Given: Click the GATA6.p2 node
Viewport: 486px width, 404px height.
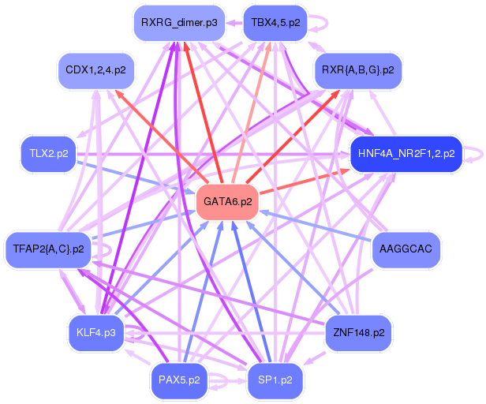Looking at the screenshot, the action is pyautogui.click(x=227, y=202).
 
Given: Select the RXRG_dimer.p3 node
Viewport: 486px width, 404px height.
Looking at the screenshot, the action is pyautogui.click(x=179, y=23).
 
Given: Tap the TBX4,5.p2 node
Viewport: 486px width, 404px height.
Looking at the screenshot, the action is pyautogui.click(x=275, y=23).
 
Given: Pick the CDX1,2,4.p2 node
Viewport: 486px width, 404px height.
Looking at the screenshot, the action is pyautogui.click(x=95, y=70).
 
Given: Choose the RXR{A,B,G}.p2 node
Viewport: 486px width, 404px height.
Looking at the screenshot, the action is pyautogui.click(x=358, y=70).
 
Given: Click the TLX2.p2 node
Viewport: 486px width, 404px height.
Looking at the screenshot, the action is pyautogui.click(x=48, y=154).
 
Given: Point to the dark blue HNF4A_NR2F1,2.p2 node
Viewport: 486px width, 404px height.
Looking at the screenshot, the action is pyautogui.click(x=406, y=154).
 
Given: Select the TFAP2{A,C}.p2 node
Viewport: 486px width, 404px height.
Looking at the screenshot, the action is pyautogui.click(x=48, y=249).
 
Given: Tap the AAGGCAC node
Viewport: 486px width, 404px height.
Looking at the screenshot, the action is pyautogui.click(x=406, y=249).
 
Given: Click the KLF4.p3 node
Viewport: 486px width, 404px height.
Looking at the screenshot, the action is pyautogui.click(x=95, y=333).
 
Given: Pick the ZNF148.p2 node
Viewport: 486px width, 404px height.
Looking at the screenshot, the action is pyautogui.click(x=359, y=333).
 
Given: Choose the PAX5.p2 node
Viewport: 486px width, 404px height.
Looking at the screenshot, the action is pyautogui.click(x=179, y=380).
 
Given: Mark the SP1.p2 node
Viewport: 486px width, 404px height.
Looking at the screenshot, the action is pyautogui.click(x=275, y=380).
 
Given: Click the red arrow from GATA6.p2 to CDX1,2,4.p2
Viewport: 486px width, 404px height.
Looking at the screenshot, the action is pyautogui.click(x=161, y=136).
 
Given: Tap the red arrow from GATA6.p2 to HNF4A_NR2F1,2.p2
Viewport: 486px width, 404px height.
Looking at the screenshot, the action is pyautogui.click(x=305, y=181).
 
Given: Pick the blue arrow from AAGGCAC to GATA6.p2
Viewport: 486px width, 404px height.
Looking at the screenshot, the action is pyautogui.click(x=316, y=226).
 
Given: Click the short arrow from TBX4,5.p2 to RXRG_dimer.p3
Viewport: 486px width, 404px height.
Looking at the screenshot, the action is pyautogui.click(x=234, y=23).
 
